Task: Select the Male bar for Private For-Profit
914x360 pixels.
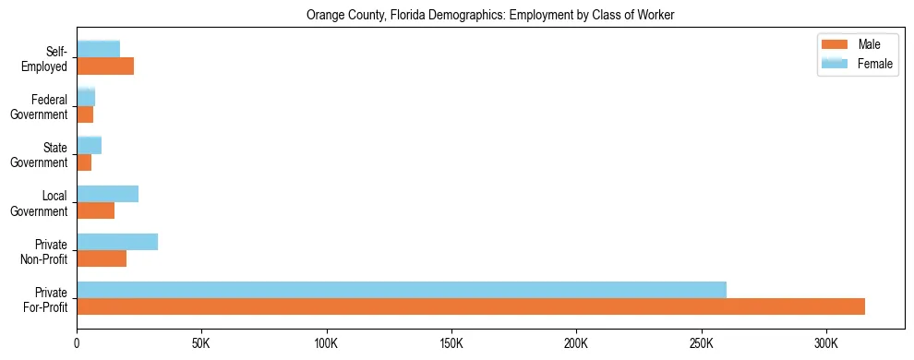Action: pyautogui.click(x=471, y=306)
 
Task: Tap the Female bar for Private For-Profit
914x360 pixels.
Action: pyautogui.click(x=402, y=290)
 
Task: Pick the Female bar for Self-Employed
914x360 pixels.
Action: pyautogui.click(x=99, y=49)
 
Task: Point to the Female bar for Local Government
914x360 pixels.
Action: pyautogui.click(x=108, y=194)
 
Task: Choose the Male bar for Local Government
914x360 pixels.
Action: pyautogui.click(x=96, y=210)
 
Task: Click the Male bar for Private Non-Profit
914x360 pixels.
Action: pyautogui.click(x=102, y=258)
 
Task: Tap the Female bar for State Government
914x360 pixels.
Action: pyautogui.click(x=90, y=145)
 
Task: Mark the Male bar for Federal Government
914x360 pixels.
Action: pyautogui.click(x=85, y=114)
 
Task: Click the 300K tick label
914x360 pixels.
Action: pyautogui.click(x=826, y=344)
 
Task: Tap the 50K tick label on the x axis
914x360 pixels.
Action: pyautogui.click(x=201, y=344)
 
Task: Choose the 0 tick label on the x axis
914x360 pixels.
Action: pyautogui.click(x=77, y=344)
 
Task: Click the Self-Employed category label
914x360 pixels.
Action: pyautogui.click(x=49, y=58)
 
